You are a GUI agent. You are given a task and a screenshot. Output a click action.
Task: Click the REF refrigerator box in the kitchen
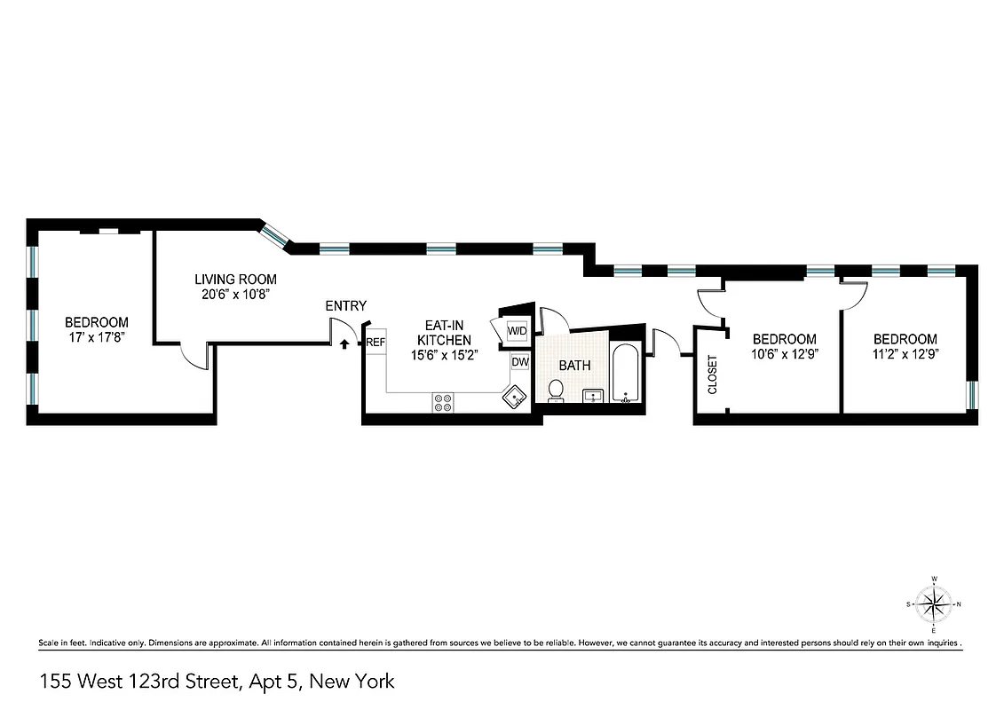coord(376,342)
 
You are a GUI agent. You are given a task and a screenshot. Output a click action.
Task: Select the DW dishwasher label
coord(520,362)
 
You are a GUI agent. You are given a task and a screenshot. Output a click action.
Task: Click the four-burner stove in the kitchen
coord(444,402)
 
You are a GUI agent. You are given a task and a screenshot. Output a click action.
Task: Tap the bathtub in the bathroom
coord(626,374)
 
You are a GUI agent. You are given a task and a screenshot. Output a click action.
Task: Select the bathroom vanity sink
coord(593,396)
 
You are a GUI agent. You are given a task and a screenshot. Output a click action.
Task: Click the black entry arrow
coord(344,342)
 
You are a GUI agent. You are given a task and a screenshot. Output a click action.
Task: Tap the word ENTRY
coord(345,306)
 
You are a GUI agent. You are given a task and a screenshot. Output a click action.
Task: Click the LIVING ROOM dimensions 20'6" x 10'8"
coord(235,295)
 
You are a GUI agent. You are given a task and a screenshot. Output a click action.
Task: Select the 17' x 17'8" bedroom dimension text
coord(96,338)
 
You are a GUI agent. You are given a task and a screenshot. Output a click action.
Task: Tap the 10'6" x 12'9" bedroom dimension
coord(784,353)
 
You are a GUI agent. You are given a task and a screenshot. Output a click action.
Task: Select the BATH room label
coord(574,365)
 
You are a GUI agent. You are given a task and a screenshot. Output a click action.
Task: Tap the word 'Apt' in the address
coord(273,682)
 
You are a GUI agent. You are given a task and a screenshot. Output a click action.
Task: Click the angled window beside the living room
coord(275,234)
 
